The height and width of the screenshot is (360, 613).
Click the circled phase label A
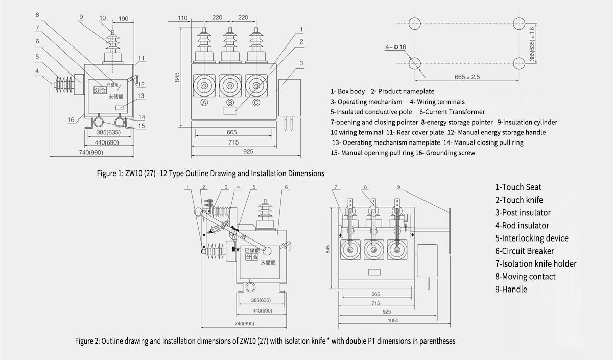204,102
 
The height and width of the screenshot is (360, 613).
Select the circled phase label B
230,102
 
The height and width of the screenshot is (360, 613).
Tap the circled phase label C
256,102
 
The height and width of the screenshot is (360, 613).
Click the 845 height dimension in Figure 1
177,77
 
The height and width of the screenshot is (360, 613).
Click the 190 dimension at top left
123,19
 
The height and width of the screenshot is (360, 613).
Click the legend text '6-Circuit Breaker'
525,251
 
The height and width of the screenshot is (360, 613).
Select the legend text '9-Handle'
511,289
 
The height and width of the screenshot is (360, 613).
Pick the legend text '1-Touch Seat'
518,187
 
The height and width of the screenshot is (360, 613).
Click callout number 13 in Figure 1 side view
141,95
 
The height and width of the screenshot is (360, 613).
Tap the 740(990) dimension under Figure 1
91,153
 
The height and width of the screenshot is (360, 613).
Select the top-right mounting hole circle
520,23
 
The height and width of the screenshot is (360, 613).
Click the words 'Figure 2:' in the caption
88,341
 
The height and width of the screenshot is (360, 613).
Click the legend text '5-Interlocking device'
531,238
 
